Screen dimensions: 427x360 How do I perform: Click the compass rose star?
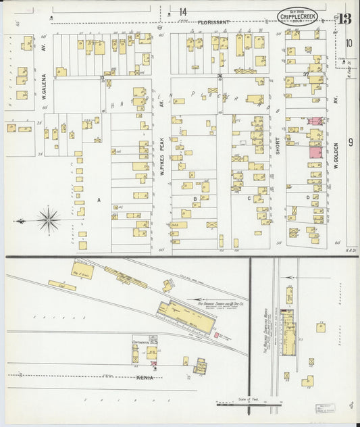(49, 220)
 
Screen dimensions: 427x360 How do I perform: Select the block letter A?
(99, 199)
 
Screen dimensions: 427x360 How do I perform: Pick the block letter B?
(195, 199)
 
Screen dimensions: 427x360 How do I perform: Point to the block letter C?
(249, 199)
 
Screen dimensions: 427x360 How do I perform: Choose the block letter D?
(307, 198)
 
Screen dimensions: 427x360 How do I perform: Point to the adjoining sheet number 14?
(182, 11)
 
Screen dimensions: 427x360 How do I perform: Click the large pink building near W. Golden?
(315, 152)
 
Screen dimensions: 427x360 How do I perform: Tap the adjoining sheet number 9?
(350, 142)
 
